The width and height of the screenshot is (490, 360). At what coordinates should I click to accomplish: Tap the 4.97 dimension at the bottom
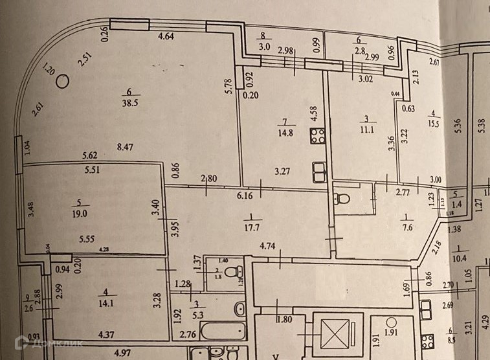click(123, 353)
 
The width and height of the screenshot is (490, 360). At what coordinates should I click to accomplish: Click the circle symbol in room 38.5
click(63, 81)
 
